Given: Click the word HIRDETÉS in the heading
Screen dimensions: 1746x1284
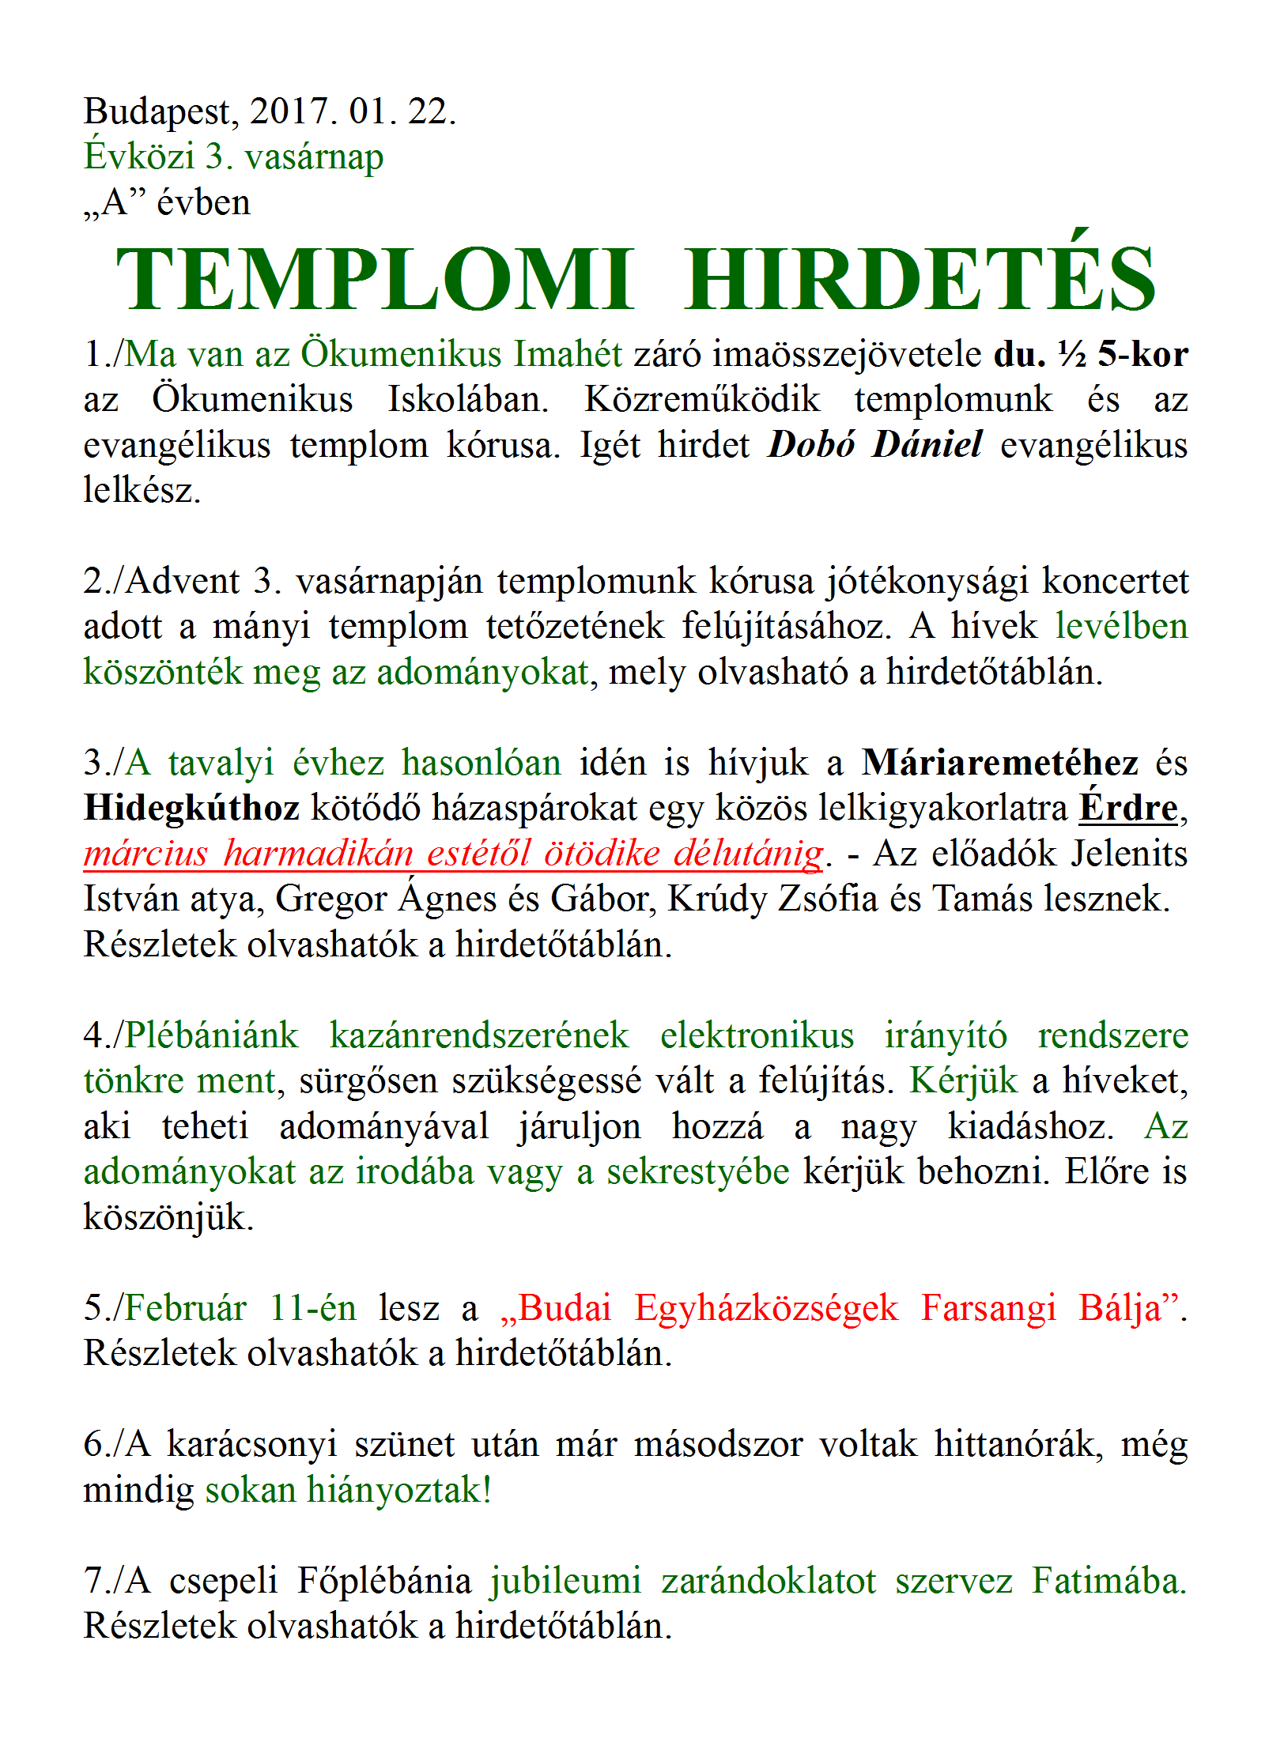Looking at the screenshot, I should click(921, 281).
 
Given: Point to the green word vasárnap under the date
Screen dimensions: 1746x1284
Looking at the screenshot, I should click(314, 157).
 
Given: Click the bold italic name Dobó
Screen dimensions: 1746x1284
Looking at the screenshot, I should click(811, 445).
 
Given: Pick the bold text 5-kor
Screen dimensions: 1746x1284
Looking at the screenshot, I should click(1142, 354).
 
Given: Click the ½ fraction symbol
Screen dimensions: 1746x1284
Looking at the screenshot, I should click(1072, 354).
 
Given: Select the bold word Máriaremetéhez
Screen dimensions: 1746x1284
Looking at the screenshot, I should click(1000, 763).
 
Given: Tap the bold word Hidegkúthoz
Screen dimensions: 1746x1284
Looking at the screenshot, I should click(191, 809).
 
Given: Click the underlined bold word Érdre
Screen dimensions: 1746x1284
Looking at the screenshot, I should click(1128, 809).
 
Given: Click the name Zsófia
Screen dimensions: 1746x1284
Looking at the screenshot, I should click(828, 899).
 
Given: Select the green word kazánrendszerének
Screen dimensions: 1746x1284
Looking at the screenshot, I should click(479, 1036).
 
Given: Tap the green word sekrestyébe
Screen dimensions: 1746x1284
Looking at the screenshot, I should click(698, 1172).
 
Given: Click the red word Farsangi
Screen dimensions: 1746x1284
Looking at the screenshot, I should click(988, 1309).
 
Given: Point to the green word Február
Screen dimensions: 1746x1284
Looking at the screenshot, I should click(186, 1309).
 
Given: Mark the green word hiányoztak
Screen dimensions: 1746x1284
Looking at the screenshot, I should click(395, 1491).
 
